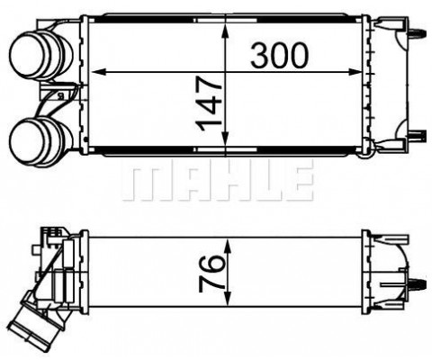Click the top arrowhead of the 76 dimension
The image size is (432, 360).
[231, 241]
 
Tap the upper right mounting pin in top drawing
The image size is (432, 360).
[416, 32]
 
